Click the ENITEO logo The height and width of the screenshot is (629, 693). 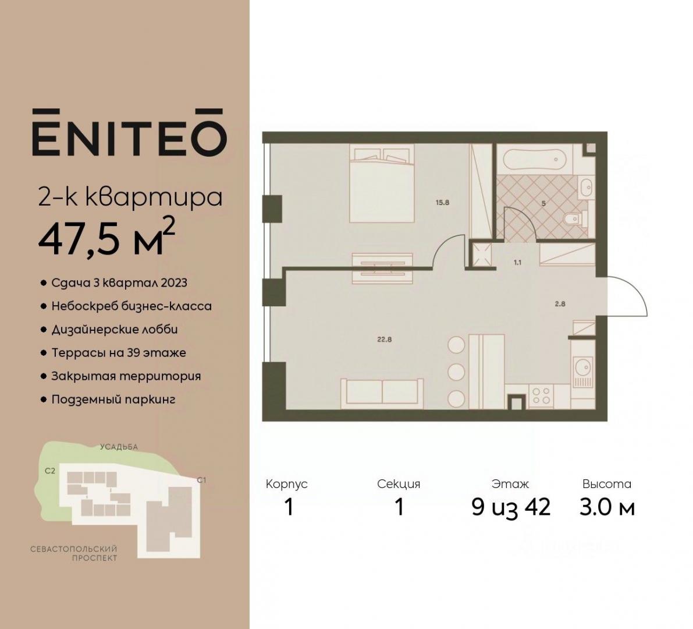tap(129, 132)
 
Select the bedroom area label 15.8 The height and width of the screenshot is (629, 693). tap(442, 203)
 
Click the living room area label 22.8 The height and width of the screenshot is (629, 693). tap(385, 340)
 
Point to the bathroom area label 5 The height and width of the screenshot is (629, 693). tap(543, 203)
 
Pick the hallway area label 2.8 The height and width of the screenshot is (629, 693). tap(560, 304)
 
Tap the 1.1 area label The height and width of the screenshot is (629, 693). tap(517, 262)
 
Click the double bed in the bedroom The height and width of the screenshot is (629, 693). tap(382, 183)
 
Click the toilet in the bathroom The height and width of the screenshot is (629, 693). tap(576, 218)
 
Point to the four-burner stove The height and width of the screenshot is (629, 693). tap(541, 395)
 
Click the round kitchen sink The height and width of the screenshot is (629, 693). tap(583, 367)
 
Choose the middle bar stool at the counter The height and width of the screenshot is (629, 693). tap(456, 372)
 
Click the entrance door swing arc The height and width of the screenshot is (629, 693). tap(632, 292)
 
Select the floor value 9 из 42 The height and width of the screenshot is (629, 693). tap(511, 507)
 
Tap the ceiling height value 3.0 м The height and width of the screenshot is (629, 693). tap(607, 507)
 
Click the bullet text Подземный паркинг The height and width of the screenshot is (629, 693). tap(113, 400)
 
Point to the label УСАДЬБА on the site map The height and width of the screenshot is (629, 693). tap(119, 447)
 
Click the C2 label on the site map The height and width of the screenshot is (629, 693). tap(50, 471)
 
